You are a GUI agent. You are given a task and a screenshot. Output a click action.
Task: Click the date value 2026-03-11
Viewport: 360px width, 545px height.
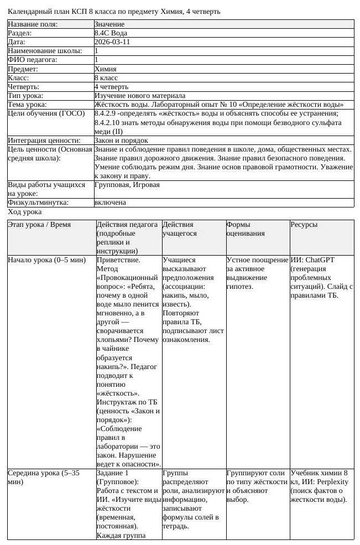112,42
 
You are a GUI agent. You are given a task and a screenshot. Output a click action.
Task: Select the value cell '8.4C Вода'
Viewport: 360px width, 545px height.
111,33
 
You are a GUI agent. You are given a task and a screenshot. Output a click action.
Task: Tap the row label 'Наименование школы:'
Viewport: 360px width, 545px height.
45,51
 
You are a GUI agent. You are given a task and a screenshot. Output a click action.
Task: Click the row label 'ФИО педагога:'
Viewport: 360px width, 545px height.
33,60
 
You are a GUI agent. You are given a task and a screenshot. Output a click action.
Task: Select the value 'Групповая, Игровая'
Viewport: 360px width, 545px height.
127,185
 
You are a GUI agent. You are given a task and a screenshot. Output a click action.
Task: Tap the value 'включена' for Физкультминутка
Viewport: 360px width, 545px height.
110,203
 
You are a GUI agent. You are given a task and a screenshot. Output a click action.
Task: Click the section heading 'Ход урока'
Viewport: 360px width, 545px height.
24,212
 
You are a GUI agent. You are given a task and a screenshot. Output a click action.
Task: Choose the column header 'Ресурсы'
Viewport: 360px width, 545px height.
304,225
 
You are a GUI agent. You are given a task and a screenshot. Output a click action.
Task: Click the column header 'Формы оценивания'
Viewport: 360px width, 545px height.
246,229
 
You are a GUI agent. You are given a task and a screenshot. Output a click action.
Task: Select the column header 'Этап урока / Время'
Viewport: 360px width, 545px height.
39,225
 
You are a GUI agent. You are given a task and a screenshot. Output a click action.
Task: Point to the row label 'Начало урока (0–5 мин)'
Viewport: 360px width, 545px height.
46,259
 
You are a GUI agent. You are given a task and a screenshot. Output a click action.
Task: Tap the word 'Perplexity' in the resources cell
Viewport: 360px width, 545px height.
328,482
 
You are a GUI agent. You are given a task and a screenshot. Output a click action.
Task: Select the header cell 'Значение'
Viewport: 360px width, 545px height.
109,24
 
